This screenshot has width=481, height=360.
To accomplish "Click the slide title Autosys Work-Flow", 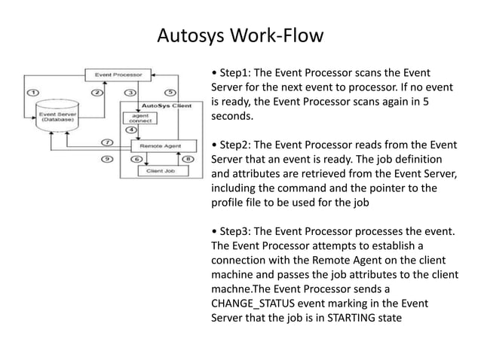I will click(x=240, y=35).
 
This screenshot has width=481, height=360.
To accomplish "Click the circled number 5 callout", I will click(x=170, y=92).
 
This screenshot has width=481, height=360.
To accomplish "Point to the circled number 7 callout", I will click(x=107, y=142).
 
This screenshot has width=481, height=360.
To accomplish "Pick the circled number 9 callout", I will click(x=107, y=159).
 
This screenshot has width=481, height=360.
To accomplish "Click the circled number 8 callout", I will click(x=188, y=159).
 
